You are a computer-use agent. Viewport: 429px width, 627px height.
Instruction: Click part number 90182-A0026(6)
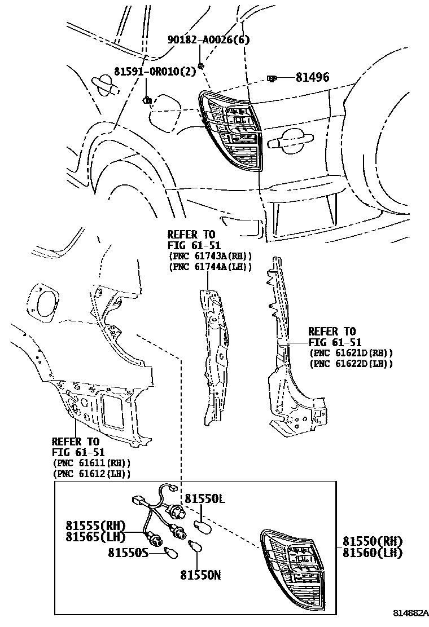click(209, 39)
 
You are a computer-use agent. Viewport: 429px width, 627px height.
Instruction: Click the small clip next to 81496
click(272, 79)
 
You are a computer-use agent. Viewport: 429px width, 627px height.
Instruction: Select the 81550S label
click(129, 553)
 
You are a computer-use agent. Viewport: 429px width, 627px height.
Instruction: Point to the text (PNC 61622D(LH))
click(351, 364)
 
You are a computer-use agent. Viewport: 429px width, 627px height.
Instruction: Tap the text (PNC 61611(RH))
click(91, 463)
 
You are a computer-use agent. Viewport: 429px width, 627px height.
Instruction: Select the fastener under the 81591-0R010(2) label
click(147, 100)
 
